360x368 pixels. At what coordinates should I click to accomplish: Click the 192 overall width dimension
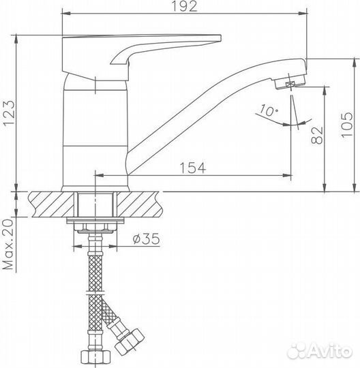[185, 7]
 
